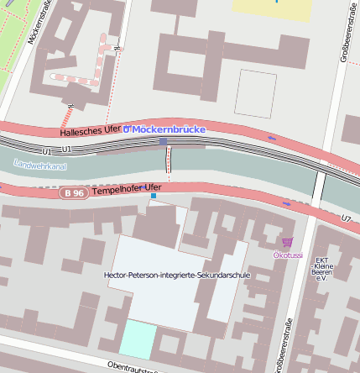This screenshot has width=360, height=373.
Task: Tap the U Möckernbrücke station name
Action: click(x=164, y=129)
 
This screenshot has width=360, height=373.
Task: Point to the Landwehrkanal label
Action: click(x=39, y=165)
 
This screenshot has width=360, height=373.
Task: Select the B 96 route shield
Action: click(x=73, y=193)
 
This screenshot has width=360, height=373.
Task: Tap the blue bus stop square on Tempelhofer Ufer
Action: click(x=154, y=196)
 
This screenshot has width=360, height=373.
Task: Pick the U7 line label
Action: click(x=347, y=218)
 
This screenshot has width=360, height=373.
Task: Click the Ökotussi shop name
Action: click(x=289, y=254)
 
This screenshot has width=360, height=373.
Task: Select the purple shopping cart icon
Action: click(x=288, y=242)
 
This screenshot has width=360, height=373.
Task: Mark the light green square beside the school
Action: click(x=138, y=339)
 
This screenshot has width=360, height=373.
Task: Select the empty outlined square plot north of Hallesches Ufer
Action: click(x=255, y=92)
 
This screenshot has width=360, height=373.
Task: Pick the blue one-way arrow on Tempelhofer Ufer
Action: click(x=288, y=203)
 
